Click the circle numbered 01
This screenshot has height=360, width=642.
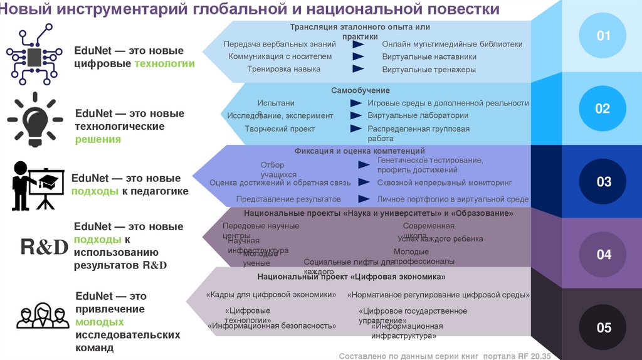(x=603, y=36)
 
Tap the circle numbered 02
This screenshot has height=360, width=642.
(x=602, y=109)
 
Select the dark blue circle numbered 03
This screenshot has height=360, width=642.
(x=603, y=182)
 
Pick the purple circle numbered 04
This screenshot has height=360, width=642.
(x=603, y=255)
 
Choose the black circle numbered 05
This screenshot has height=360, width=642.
(x=603, y=327)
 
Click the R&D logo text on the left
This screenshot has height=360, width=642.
(x=43, y=247)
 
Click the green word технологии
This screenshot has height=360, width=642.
(x=165, y=63)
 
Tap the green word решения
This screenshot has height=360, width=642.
(x=98, y=139)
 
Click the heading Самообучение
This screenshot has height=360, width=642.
(x=360, y=91)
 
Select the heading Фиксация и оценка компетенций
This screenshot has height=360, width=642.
(x=360, y=151)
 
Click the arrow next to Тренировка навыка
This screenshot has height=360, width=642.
(x=358, y=68)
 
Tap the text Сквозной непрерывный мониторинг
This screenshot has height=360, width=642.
(x=445, y=182)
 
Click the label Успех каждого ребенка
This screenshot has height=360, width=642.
(x=440, y=238)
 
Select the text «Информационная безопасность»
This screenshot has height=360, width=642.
(x=271, y=326)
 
